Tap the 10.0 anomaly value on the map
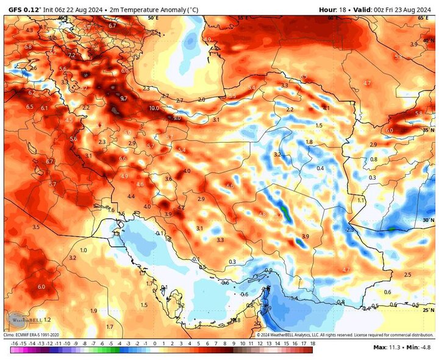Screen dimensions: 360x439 click(x=154, y=108)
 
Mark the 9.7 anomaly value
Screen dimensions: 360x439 click(x=123, y=98)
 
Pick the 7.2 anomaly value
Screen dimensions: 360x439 click(x=71, y=55)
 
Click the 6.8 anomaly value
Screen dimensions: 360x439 click(x=28, y=47)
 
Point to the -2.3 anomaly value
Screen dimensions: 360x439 click(x=349, y=230)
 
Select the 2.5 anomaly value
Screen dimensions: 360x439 click(x=407, y=275)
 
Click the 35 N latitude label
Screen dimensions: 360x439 click(x=426, y=130)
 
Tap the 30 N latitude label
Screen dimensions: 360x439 click(x=426, y=220)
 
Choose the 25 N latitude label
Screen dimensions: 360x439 click(x=426, y=311)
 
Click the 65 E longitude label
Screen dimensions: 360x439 click(x=423, y=18)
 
